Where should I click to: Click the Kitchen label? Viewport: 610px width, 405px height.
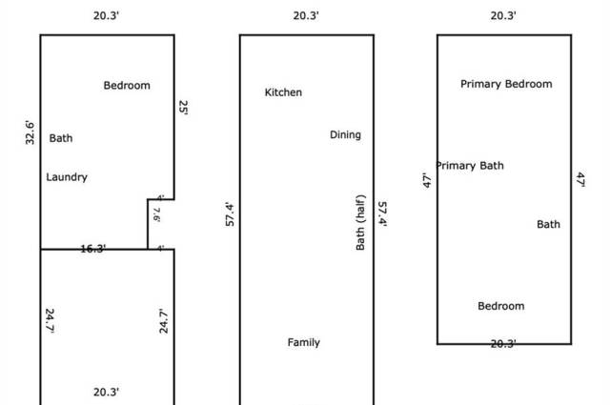(x=283, y=92)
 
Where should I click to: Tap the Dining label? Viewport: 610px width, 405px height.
(x=345, y=135)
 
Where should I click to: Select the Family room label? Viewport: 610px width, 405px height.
(x=304, y=343)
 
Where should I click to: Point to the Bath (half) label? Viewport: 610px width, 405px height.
(x=360, y=223)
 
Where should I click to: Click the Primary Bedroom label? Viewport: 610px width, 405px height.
(x=506, y=84)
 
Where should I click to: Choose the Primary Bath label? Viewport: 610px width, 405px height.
(x=470, y=166)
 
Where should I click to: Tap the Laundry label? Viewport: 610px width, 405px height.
(x=67, y=177)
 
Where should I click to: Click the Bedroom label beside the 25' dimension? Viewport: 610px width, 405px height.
(x=127, y=86)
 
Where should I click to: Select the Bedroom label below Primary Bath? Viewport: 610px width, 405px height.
(x=501, y=306)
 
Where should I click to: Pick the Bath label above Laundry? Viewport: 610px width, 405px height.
(x=61, y=138)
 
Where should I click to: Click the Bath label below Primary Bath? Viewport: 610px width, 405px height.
(x=549, y=225)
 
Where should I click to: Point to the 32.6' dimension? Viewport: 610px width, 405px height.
(x=30, y=132)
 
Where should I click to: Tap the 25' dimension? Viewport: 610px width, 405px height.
(x=184, y=108)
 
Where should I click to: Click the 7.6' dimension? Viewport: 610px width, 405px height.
(x=156, y=214)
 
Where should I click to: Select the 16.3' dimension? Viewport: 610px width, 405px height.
(x=93, y=249)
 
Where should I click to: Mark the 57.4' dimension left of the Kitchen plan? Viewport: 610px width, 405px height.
(x=230, y=214)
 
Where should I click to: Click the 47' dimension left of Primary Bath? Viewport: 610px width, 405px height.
(x=427, y=181)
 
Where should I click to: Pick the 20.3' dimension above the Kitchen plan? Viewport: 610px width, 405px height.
(x=306, y=16)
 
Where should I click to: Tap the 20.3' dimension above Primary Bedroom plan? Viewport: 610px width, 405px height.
(x=503, y=16)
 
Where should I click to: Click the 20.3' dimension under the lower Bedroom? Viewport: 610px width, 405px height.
(x=503, y=344)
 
